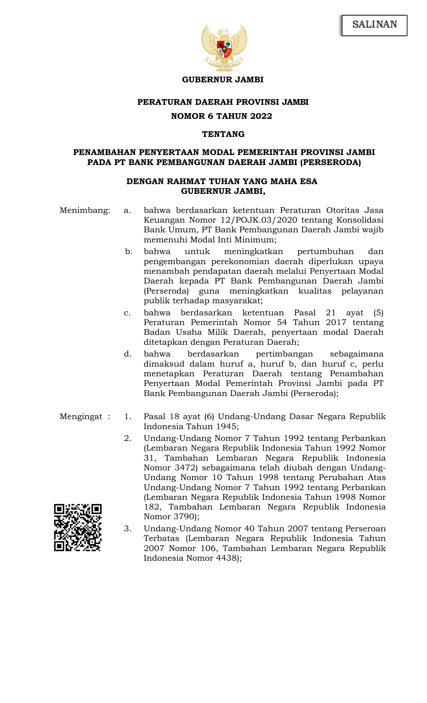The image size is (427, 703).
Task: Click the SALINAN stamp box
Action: tap(374, 25)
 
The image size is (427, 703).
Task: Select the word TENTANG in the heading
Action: tap(223, 134)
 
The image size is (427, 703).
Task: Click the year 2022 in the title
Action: tap(261, 116)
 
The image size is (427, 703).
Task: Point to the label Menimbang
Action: tap(84, 211)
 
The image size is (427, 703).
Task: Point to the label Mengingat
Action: tap(81, 417)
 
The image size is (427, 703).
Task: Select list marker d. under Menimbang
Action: tap(127, 354)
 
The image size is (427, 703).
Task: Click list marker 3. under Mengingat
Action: tap(127, 529)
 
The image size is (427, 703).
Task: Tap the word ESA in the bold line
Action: tap(308, 181)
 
